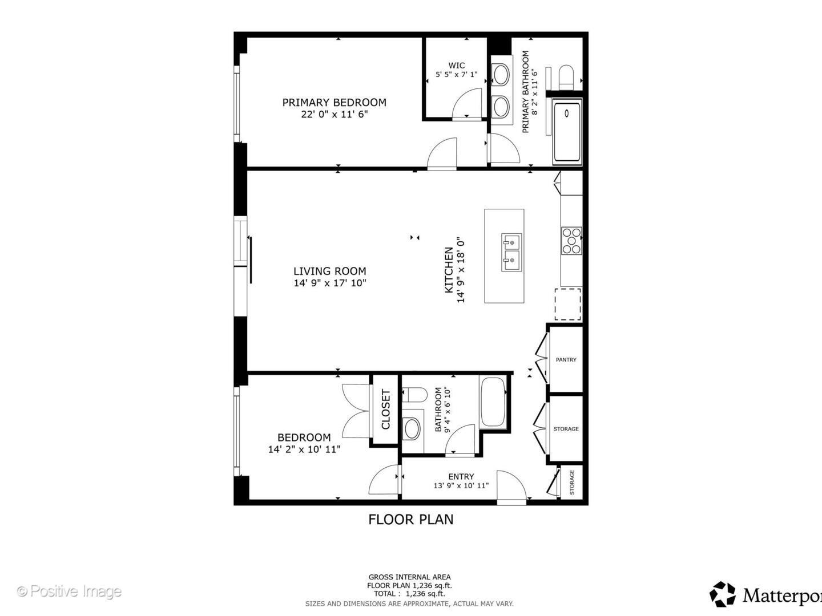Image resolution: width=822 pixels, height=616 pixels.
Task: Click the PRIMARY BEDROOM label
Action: [334, 103]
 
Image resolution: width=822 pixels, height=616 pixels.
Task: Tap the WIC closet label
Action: [456, 66]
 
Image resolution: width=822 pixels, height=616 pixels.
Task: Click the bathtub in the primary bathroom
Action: [567, 131]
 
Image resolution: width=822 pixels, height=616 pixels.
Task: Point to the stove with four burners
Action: [571, 241]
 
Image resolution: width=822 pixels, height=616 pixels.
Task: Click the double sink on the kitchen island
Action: [511, 252]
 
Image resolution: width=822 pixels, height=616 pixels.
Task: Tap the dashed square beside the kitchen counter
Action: [567, 304]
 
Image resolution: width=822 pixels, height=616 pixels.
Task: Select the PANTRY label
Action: [566, 360]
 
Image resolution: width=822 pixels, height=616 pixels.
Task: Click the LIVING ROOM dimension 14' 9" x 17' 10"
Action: [329, 283]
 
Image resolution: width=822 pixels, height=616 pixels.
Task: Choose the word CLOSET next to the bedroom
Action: [385, 410]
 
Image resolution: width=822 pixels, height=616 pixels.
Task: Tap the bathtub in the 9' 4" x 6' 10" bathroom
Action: [492, 402]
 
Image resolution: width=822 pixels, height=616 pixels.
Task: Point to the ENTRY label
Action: [461, 477]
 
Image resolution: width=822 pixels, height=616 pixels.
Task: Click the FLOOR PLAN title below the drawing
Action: [410, 520]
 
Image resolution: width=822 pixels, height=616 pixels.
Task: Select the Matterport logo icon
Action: [723, 594]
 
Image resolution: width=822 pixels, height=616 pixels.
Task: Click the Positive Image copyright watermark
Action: [69, 591]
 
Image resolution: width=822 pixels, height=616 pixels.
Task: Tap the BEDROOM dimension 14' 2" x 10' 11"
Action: [304, 449]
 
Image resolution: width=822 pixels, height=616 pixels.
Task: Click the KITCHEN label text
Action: [449, 270]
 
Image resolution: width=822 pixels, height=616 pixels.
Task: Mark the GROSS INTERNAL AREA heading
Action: [409, 577]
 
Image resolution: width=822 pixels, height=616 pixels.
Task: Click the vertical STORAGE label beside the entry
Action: [572, 483]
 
